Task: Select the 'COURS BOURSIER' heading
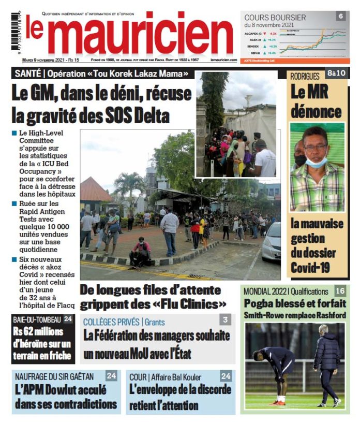pos(275,17)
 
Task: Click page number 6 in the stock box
pos(341,16)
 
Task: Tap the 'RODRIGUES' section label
pos(305,76)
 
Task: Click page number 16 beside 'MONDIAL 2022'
pos(340,290)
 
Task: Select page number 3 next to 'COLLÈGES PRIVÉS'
pos(225,320)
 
